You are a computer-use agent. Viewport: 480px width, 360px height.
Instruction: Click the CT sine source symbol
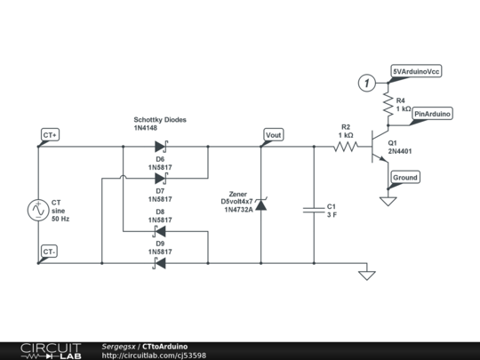tap(38, 210)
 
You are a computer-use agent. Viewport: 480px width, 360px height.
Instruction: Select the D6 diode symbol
tap(161, 147)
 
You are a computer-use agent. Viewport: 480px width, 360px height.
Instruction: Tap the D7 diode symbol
tap(161, 178)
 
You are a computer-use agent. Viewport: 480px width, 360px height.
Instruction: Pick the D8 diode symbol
tap(159, 231)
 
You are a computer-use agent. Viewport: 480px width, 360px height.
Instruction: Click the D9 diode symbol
tap(159, 263)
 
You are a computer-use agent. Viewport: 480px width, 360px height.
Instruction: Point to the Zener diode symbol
tap(261, 204)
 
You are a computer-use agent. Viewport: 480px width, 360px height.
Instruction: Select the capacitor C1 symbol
tap(314, 210)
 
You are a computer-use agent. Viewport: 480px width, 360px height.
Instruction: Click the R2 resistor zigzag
tap(346, 147)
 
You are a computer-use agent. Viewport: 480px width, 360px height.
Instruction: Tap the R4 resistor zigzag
tap(388, 104)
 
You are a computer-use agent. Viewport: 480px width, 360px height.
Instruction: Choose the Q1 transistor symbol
tap(380, 147)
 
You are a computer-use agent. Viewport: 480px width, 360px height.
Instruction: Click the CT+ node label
tap(50, 135)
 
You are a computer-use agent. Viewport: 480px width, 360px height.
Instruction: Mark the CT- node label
tap(49, 252)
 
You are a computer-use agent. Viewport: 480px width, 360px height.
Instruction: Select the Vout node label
tap(274, 135)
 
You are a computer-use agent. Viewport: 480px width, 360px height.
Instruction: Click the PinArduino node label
tap(432, 114)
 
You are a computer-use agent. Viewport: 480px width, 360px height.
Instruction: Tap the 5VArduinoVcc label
tap(416, 71)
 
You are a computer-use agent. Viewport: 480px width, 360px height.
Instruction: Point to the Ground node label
tap(405, 178)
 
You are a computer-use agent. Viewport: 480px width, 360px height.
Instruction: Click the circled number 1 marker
tap(366, 83)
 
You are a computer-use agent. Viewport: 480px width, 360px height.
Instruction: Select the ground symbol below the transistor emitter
tap(388, 201)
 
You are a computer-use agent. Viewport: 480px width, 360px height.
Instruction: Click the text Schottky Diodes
tap(160, 120)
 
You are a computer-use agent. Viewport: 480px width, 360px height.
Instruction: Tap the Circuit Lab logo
tap(51, 351)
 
